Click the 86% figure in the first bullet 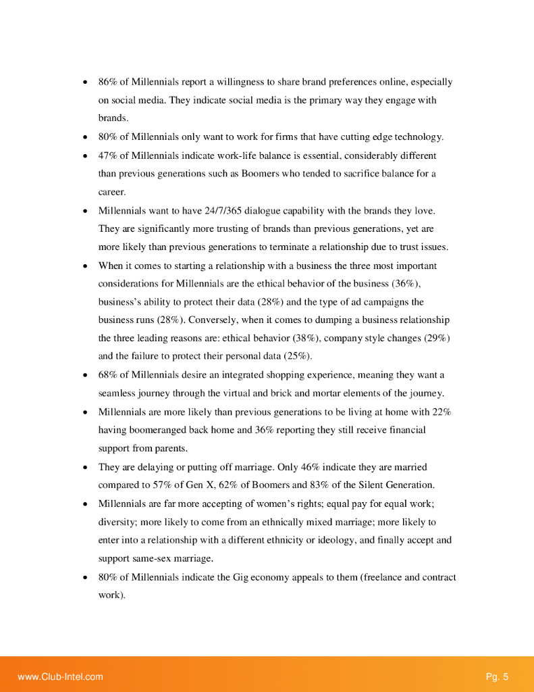[x=107, y=82]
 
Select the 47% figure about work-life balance [x=107, y=155]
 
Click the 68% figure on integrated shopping [x=107, y=375]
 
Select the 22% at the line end [x=442, y=412]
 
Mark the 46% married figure [x=307, y=467]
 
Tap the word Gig [x=241, y=578]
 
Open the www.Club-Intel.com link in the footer [x=60, y=676]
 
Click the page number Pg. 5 [x=497, y=676]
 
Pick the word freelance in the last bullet [x=382, y=578]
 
